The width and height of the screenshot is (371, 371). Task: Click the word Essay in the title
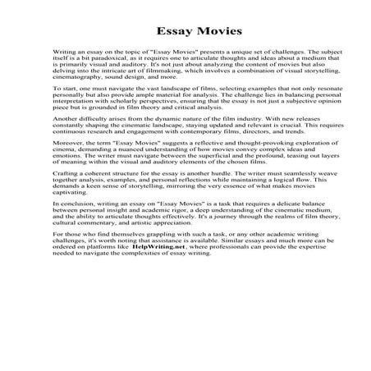[x=157, y=32]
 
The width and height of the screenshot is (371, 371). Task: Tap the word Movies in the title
[x=213, y=32]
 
